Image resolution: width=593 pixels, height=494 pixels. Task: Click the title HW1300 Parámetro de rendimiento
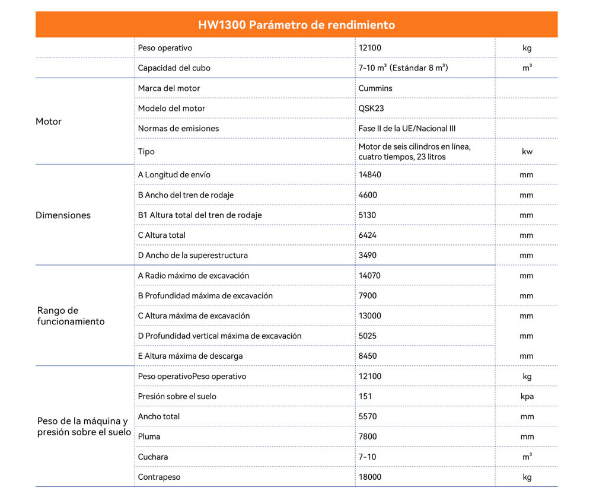point(296,25)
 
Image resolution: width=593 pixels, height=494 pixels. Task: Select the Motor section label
point(49,122)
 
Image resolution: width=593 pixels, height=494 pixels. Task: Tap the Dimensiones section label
point(63,215)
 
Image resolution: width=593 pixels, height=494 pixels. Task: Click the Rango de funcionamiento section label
point(71,316)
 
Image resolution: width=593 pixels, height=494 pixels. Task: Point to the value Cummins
point(375,88)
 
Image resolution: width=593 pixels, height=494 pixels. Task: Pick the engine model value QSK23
point(371,109)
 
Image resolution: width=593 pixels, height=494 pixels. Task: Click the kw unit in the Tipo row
point(527,152)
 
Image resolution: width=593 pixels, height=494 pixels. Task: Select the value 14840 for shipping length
point(370,175)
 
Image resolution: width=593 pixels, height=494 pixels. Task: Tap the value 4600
point(368,195)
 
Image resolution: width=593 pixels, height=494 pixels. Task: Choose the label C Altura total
point(161,235)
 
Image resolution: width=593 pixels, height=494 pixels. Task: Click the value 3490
point(368,256)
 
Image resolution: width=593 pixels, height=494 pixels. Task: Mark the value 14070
point(370,276)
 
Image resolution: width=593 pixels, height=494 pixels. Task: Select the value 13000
point(370,316)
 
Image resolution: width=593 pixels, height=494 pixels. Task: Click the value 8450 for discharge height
point(368,356)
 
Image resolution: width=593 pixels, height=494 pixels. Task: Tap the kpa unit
point(527,397)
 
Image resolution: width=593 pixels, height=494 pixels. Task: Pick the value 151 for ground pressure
point(365,397)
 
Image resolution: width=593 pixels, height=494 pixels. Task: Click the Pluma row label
point(149,437)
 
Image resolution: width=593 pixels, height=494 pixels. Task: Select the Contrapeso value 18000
point(370,477)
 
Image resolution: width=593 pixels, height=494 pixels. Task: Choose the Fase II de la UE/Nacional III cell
point(407,129)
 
